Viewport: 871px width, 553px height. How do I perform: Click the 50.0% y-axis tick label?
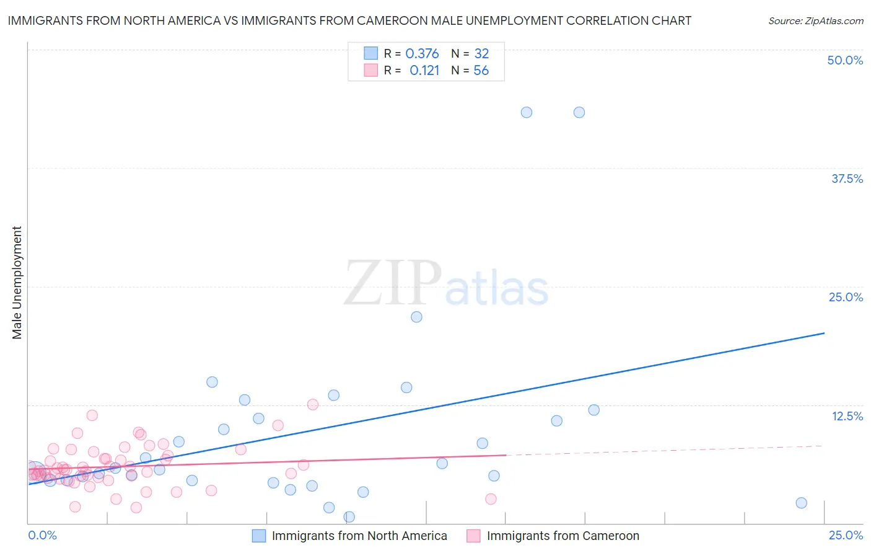click(845, 60)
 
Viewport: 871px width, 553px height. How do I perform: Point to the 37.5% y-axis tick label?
click(847, 179)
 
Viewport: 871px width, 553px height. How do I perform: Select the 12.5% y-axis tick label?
click(847, 416)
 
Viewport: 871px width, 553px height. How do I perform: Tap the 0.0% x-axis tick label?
click(42, 535)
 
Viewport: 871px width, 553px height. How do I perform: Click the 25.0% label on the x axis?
click(846, 535)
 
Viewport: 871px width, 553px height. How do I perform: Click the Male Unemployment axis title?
click(17, 283)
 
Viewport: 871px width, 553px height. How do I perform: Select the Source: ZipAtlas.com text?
click(815, 20)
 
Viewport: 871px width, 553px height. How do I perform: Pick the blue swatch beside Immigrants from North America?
click(259, 536)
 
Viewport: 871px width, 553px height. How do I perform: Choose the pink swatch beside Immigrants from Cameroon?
click(474, 536)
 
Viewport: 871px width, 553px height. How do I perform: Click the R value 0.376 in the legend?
click(422, 53)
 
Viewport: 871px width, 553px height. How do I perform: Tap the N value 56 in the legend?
click(481, 71)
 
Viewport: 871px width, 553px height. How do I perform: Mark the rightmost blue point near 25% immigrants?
click(801, 503)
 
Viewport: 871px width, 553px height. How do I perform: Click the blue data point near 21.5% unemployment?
click(416, 317)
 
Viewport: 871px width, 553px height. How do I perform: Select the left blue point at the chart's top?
click(527, 112)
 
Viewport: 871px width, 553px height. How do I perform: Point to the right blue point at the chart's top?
click(579, 112)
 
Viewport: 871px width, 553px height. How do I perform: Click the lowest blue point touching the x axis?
click(349, 516)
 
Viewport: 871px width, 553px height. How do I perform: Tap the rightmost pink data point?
click(491, 499)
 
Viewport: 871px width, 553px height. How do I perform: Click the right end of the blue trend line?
click(824, 333)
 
